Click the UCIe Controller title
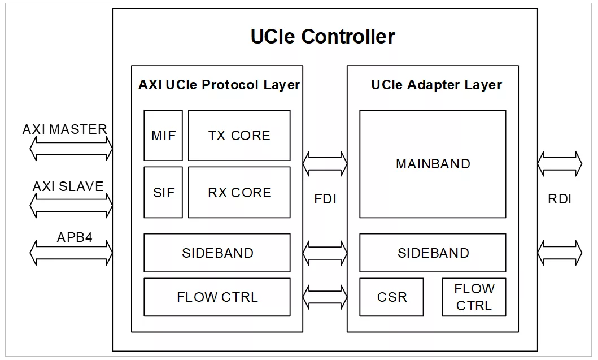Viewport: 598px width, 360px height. point(322,37)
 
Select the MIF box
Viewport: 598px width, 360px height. point(163,135)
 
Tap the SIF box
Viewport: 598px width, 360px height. point(163,192)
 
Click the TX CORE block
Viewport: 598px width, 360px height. point(239,135)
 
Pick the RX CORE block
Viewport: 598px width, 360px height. point(239,192)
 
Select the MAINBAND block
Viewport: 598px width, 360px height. point(433,164)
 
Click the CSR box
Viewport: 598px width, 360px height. point(392,297)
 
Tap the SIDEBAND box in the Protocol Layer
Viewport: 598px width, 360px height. point(217,253)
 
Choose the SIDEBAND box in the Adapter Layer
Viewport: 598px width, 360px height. point(433,253)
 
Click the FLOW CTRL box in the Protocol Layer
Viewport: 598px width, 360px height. point(217,297)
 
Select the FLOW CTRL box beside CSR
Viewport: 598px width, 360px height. point(474,297)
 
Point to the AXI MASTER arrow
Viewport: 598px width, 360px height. point(71,148)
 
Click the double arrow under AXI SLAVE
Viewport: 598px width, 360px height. point(71,205)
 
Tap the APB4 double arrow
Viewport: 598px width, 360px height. point(71,253)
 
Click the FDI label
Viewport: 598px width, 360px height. point(325,199)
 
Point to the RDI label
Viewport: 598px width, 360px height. point(560,199)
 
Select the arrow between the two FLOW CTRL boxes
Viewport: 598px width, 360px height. point(325,297)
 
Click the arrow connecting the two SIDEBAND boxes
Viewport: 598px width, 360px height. point(325,253)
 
